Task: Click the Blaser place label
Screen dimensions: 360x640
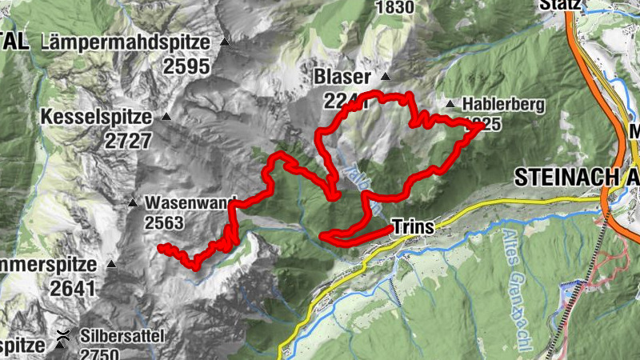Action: pos(343,78)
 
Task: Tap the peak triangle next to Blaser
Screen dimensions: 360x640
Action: pos(386,78)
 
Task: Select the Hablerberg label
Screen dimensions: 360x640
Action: pos(503,104)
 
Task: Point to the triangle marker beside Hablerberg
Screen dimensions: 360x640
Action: pos(450,103)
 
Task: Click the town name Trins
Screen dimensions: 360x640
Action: pos(414,228)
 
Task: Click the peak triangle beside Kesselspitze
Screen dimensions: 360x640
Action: pos(166,117)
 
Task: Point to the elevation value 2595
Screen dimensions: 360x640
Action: pos(186,66)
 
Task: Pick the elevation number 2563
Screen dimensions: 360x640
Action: pos(165,223)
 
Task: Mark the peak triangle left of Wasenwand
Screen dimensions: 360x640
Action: pos(133,202)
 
